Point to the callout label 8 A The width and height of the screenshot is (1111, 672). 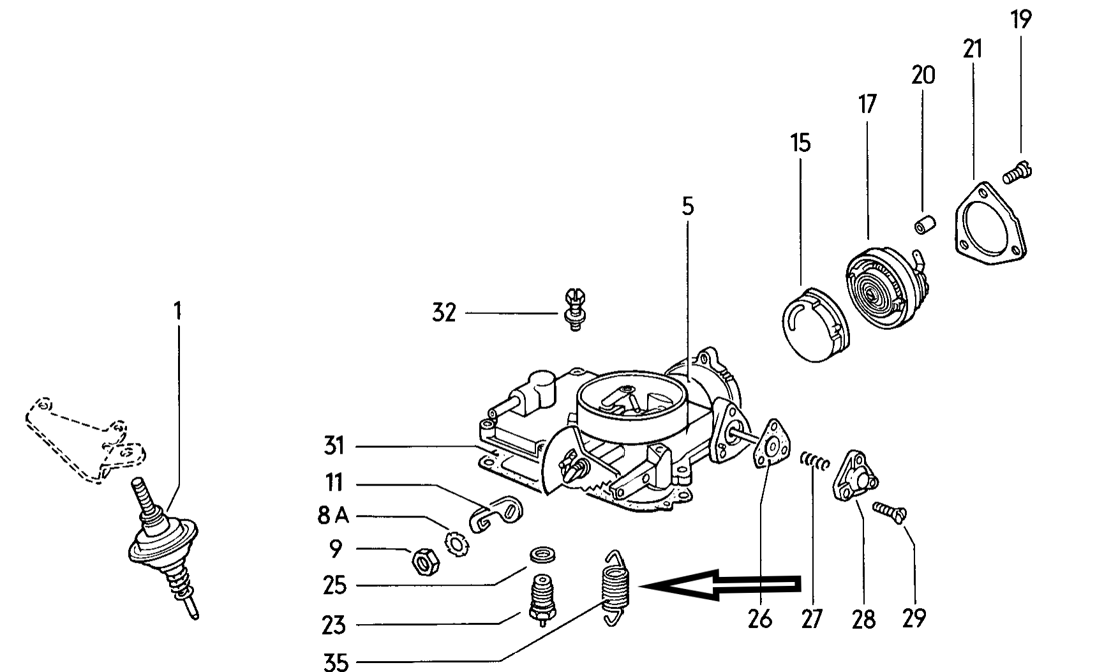click(333, 516)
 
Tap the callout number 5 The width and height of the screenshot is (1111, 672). click(687, 207)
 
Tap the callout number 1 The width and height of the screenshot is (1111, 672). click(177, 311)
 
